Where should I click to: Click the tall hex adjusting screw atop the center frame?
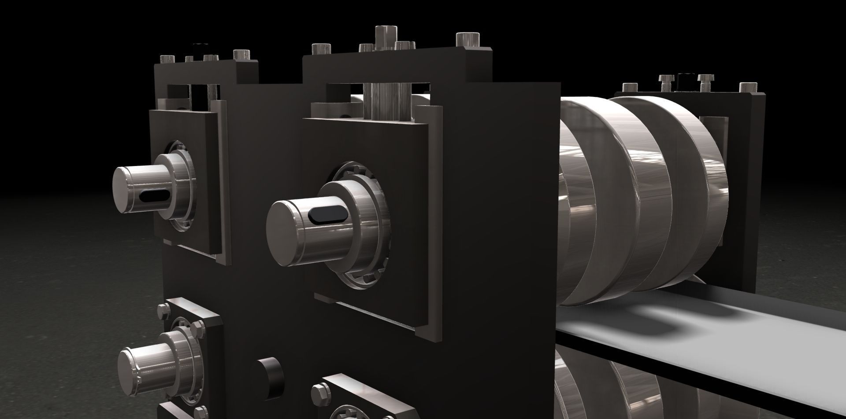coord(386,38)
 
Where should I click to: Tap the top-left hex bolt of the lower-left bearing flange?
coord(163,310)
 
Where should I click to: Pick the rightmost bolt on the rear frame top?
coord(746,87)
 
